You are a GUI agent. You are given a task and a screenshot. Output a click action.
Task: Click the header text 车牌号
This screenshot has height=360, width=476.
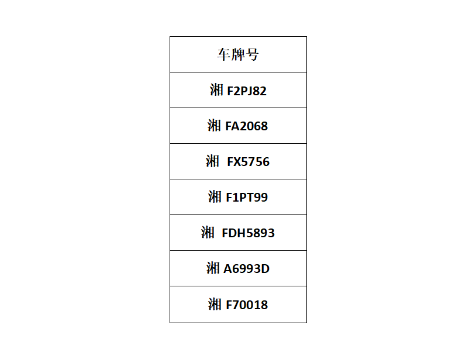(238, 54)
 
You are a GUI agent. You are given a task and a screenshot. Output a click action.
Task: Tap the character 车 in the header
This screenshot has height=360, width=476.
(224, 54)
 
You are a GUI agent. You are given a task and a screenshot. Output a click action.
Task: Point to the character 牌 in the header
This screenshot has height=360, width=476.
(237, 54)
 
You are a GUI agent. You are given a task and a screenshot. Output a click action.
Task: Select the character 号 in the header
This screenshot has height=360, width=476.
(252, 54)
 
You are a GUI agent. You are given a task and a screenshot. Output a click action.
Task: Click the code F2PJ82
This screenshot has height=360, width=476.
(247, 91)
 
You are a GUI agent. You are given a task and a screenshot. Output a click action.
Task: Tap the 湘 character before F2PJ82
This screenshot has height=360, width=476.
(216, 90)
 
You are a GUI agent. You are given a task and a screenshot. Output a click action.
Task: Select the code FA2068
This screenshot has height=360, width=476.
(247, 126)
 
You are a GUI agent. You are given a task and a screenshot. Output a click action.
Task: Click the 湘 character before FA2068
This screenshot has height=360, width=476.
(215, 126)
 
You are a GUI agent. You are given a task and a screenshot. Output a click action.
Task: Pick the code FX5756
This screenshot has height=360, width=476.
(249, 162)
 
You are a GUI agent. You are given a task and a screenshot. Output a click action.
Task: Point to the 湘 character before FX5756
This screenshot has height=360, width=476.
(212, 161)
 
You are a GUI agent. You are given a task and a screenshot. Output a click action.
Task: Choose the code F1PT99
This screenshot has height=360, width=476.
(247, 198)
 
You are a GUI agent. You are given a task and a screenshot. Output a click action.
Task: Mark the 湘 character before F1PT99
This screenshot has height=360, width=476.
(215, 197)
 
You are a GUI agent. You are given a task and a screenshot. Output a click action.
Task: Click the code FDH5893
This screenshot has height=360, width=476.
(249, 233)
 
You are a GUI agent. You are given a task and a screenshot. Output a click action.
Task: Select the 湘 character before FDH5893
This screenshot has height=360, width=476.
(208, 233)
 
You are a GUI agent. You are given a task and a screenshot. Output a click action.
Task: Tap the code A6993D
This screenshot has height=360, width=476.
(247, 269)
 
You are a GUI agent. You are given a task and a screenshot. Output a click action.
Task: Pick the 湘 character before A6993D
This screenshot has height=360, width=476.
(213, 268)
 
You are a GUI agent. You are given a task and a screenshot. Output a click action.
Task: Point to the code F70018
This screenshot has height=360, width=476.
(247, 305)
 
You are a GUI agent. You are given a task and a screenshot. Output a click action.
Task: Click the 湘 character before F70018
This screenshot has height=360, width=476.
(215, 304)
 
